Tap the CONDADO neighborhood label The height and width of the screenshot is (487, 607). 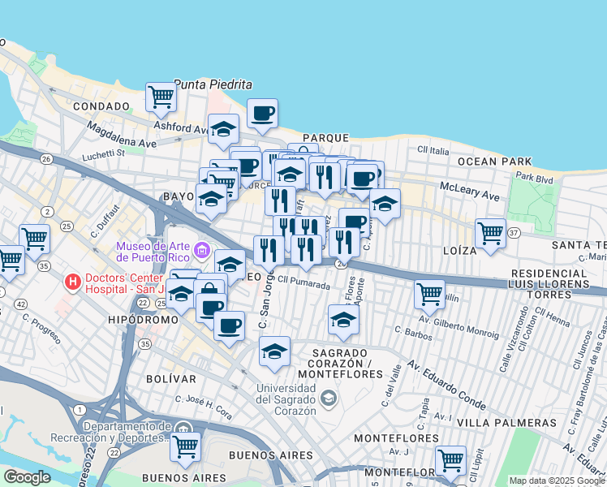[x=101, y=106]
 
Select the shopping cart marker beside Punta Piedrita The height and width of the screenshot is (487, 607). [x=161, y=97]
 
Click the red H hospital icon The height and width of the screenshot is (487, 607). [x=73, y=282]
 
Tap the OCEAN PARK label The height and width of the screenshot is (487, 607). [x=494, y=162]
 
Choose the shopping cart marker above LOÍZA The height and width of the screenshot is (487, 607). [x=490, y=233]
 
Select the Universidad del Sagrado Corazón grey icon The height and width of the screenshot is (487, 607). [x=328, y=397]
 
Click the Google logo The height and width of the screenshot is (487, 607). [x=27, y=477]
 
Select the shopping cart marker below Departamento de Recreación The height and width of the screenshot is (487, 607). [x=186, y=445]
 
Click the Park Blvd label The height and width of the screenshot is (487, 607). [x=533, y=176]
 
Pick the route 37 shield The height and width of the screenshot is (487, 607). [x=513, y=234]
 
